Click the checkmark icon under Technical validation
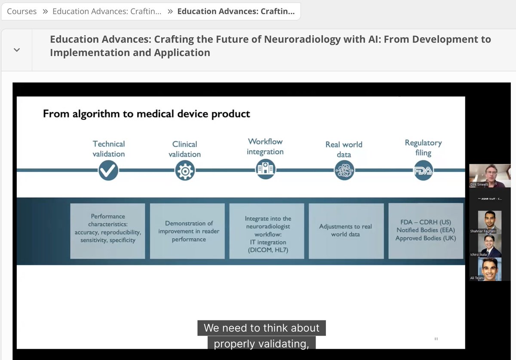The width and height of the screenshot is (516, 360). coord(108,171)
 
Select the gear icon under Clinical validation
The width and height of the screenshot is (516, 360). coord(184,171)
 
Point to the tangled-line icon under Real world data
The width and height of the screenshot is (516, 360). coord(344,171)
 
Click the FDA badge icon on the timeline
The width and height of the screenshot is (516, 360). coord(423,171)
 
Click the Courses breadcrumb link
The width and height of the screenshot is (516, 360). coord(21,12)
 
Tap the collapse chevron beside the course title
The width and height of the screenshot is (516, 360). coord(17,50)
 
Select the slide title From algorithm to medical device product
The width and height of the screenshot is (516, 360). coord(146,114)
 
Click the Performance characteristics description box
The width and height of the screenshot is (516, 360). coord(107,231)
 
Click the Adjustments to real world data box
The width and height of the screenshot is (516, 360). coord(345,231)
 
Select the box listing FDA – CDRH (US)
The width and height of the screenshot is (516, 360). coord(426,231)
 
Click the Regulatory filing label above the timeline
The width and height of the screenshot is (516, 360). coord(423,148)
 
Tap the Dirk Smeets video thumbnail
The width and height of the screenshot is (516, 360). coord(490,175)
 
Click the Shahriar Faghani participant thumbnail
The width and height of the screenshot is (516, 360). coord(490,222)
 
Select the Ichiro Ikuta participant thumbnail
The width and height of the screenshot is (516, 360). coord(490,246)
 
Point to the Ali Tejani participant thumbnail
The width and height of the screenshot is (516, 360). coord(490,269)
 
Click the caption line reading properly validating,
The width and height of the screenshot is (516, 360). coord(261,344)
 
